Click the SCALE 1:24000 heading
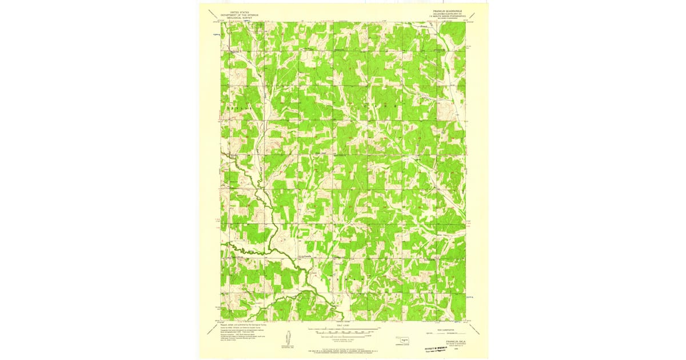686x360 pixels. [x=343, y=327]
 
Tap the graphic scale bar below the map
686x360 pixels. [x=343, y=331]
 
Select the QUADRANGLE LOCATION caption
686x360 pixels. [x=405, y=346]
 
